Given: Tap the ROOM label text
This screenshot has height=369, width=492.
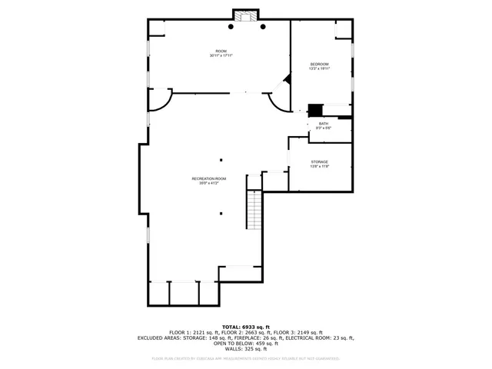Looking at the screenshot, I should pyautogui.click(x=221, y=51).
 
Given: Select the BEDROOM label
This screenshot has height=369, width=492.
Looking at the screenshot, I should pyautogui.click(x=319, y=64).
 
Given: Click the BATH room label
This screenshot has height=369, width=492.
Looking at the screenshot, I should pyautogui.click(x=324, y=124).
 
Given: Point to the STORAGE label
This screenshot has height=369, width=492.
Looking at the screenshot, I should pyautogui.click(x=320, y=162).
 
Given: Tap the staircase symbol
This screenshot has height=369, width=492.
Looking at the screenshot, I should pyautogui.click(x=254, y=209).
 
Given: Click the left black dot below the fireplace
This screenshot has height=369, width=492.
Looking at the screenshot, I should pyautogui.click(x=230, y=27).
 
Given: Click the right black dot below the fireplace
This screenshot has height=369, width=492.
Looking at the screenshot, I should pyautogui.click(x=263, y=27).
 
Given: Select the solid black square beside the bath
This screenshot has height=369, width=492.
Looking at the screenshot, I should pyautogui.click(x=314, y=110).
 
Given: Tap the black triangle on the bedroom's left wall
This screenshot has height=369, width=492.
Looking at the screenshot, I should pyautogui.click(x=288, y=78).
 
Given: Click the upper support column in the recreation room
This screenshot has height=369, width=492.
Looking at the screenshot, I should pyautogui.click(x=221, y=161).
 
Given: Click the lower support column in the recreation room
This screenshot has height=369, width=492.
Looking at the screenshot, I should pyautogui.click(x=221, y=214).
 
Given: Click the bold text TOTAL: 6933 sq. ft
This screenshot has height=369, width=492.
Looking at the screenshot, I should pyautogui.click(x=246, y=326).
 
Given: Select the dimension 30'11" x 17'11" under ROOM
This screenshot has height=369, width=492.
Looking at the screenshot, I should pyautogui.click(x=221, y=56).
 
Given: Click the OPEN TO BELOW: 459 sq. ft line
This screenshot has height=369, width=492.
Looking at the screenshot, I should pyautogui.click(x=246, y=343).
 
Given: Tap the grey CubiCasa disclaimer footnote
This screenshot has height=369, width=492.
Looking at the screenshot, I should pyautogui.click(x=246, y=358).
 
